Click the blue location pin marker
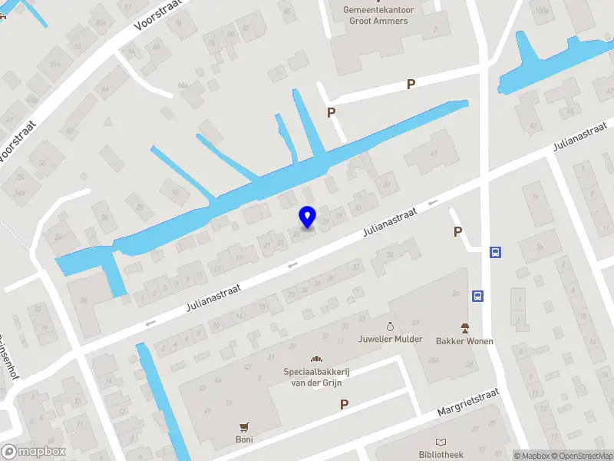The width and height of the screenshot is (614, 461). click(308, 217)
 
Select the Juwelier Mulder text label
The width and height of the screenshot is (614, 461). click(390, 339)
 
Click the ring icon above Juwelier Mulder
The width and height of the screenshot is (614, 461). click(390, 327)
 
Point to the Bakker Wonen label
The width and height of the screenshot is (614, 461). click(464, 341)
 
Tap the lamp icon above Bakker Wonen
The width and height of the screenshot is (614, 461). click(464, 328)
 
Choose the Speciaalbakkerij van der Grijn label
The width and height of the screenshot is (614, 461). click(315, 376)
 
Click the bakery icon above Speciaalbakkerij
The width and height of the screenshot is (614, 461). click(315, 359)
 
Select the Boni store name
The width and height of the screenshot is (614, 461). click(245, 439)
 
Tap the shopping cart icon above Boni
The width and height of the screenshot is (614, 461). click(245, 426)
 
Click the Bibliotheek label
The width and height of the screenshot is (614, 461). click(441, 454)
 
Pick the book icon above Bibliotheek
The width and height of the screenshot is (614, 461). click(441, 442)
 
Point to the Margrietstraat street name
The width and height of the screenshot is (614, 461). click(468, 402)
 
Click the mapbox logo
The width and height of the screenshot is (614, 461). click(34, 451)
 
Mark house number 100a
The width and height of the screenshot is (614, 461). click(542, 10)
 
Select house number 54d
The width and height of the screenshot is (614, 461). click(20, 192)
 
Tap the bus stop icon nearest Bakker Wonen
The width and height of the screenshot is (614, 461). click(478, 296)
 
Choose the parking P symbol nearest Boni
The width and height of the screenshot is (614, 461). click(345, 404)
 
